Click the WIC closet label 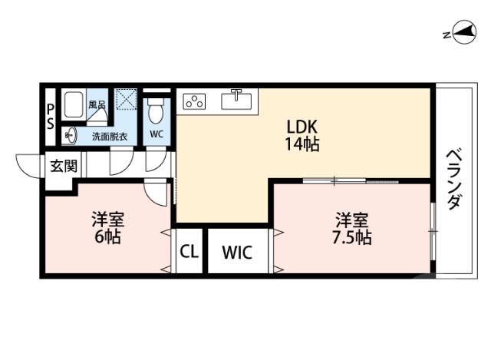point(237,252)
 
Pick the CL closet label point(188,252)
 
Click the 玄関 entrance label point(63,164)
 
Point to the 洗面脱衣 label point(110,137)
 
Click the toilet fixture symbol point(157,112)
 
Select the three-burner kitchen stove point(194,101)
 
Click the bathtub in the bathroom point(74,105)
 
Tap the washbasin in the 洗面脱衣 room point(70,135)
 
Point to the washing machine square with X point(126,101)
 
